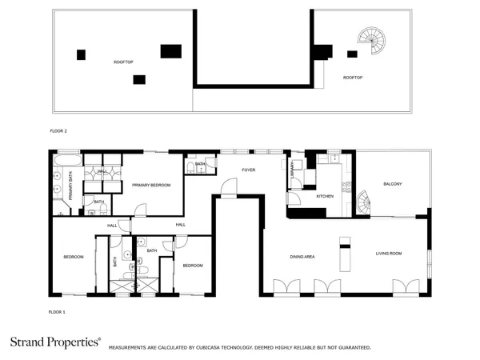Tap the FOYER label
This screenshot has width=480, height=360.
pyautogui.click(x=249, y=170)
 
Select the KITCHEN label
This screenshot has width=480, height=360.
pyautogui.click(x=325, y=196)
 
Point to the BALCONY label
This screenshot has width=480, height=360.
pyautogui.click(x=392, y=184)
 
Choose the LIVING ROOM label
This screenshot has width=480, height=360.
pyautogui.click(x=389, y=254)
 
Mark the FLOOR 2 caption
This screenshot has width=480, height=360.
pyautogui.click(x=58, y=129)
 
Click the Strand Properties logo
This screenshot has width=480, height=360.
pyautogui.click(x=55, y=342)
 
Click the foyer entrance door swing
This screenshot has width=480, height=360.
pyautogui.click(x=228, y=190)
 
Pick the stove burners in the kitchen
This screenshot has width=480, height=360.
pyautogui.click(x=346, y=188)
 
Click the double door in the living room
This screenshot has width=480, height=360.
pyautogui.click(x=405, y=286)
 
